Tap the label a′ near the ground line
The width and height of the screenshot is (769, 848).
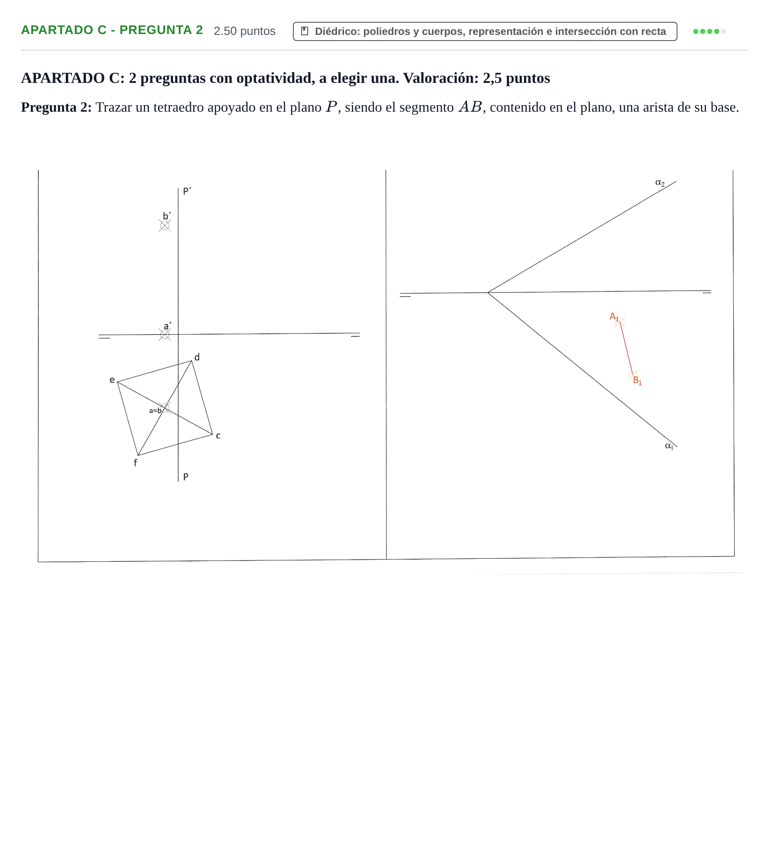pos(167,326)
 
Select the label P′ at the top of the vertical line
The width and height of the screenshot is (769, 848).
pos(187,191)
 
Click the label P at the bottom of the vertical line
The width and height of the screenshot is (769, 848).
pos(186,477)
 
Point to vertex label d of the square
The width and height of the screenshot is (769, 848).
pos(197,357)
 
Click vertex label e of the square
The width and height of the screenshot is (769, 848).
pos(112,380)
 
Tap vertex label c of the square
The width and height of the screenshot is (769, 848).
pos(218,436)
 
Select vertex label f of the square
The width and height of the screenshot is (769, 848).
pos(135,463)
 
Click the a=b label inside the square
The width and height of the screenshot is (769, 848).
pos(155,410)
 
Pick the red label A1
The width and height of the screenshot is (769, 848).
pos(614,317)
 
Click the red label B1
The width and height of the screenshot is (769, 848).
pos(637,380)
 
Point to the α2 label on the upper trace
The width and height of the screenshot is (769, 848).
pos(660,183)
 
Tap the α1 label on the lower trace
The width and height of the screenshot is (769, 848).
pos(669,446)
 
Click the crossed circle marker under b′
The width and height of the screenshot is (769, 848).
pos(165,226)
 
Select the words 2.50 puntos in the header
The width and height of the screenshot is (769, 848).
pos(245,31)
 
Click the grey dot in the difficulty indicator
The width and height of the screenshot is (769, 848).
pos(724,31)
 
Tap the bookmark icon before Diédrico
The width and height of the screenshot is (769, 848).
pos(305,31)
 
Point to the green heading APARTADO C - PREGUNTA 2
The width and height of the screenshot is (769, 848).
pos(112,30)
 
